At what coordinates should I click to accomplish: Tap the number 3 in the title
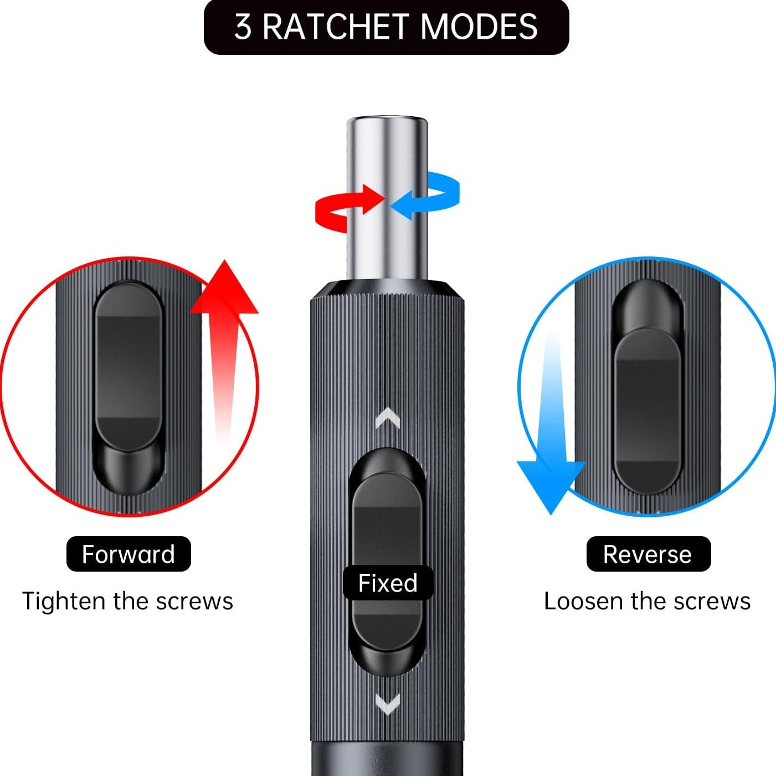243,27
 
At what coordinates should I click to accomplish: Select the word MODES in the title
479,27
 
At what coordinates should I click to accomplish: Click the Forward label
129,554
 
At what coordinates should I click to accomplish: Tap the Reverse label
647,554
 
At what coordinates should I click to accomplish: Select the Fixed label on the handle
388,583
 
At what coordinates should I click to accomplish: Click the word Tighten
64,602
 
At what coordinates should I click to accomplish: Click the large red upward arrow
224,343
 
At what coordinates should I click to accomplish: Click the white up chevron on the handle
388,418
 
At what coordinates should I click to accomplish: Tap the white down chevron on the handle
388,705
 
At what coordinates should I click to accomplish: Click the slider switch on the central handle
387,532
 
